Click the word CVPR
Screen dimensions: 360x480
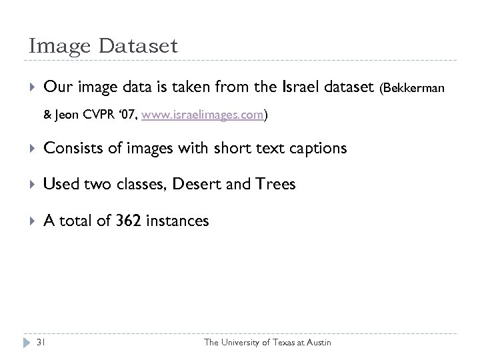107,115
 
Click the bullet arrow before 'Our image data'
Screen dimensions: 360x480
31,87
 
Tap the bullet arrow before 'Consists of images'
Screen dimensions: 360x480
31,149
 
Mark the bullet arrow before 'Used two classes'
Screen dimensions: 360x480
31,184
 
